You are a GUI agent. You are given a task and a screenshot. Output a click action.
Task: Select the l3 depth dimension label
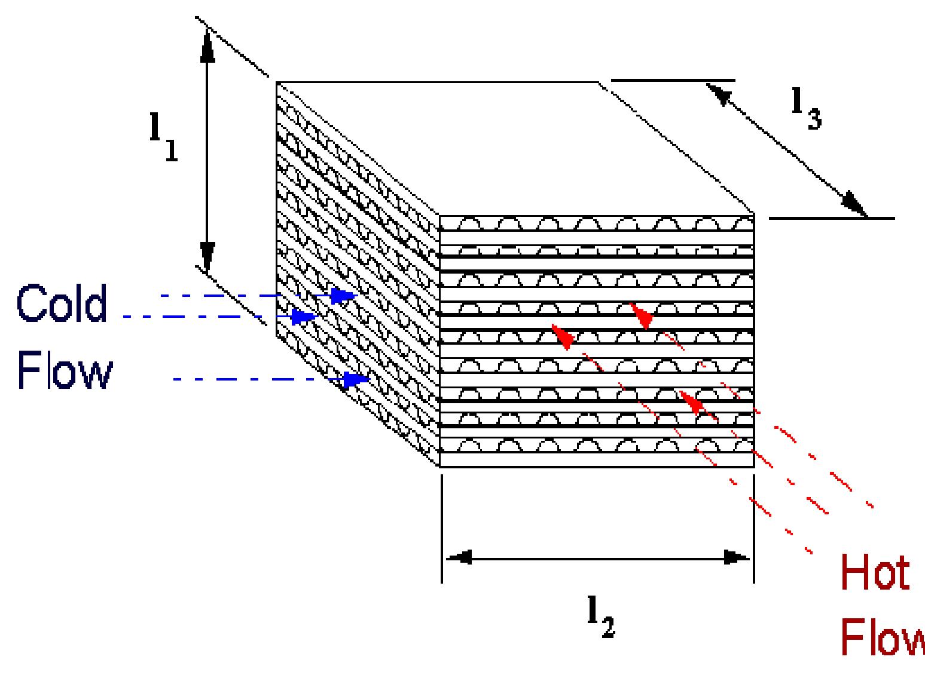806,109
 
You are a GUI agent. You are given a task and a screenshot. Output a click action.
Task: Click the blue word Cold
62,303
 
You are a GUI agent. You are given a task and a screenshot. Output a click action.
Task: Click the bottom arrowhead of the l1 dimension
207,256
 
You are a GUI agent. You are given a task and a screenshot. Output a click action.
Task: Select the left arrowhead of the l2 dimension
459,559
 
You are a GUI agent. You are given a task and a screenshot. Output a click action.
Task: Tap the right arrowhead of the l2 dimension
737,559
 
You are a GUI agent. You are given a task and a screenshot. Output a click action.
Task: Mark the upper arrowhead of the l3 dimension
719,94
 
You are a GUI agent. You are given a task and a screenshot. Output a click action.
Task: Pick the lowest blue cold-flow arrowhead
356,379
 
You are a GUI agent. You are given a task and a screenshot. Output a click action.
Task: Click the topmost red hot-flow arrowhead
642,316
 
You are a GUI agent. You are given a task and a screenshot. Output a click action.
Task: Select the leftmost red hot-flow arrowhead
563,336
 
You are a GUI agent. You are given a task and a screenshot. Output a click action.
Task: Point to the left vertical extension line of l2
442,529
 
